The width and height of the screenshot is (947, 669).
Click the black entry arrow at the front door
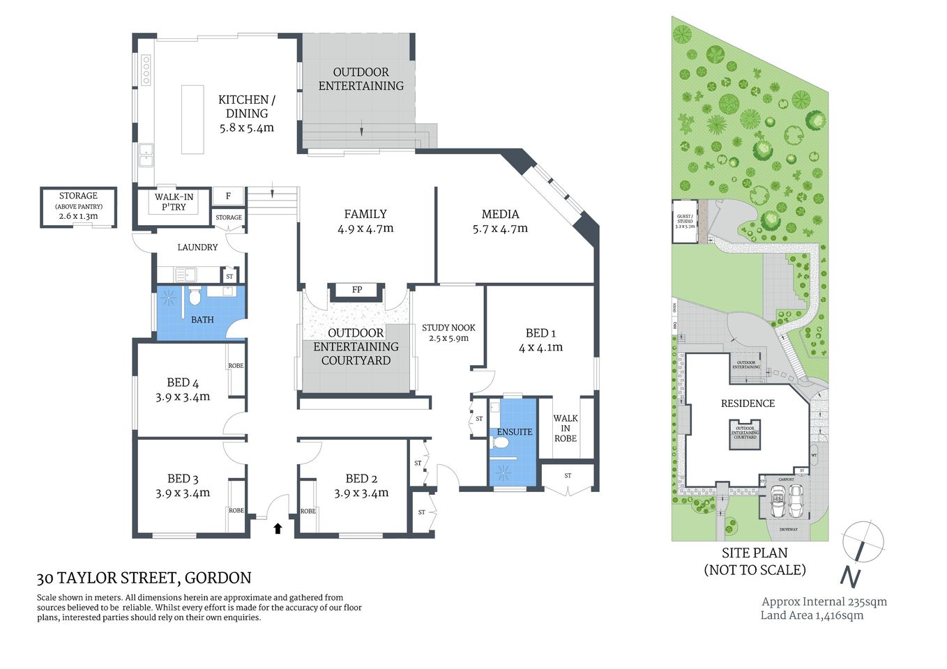point(278,528)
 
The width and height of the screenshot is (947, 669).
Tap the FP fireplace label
point(357,290)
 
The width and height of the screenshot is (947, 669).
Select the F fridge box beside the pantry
point(228,197)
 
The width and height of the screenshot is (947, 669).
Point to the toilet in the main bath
point(195,298)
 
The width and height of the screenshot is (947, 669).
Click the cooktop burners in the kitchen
point(146,70)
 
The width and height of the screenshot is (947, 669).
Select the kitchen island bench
point(192,119)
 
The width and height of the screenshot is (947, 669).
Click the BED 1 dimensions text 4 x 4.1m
point(540,347)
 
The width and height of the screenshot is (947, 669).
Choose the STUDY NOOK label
point(448,328)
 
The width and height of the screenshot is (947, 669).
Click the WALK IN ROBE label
point(566,428)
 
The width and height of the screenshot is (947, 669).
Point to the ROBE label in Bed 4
point(236,366)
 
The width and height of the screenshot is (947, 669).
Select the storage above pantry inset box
point(78,207)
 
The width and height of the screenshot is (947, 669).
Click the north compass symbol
point(862,544)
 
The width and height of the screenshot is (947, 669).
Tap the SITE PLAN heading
point(755,553)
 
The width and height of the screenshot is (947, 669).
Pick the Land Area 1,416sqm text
point(812,615)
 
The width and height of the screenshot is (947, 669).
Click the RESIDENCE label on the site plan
point(748,403)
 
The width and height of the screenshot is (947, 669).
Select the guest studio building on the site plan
point(685,222)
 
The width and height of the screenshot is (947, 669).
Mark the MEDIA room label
point(500,214)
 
